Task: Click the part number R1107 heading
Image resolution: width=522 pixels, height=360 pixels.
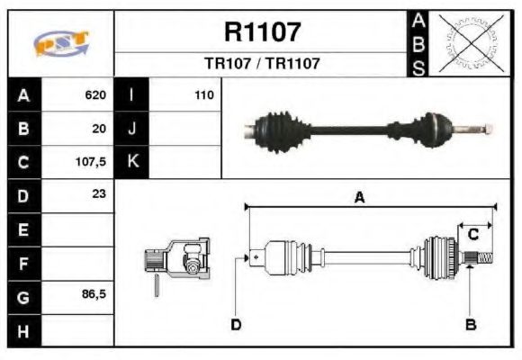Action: click(261, 33)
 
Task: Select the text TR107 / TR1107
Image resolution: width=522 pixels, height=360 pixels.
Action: click(261, 65)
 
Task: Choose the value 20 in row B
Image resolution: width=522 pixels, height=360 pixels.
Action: click(99, 129)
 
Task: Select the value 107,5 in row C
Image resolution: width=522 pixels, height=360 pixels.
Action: click(93, 163)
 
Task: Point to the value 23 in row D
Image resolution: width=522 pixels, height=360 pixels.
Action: click(99, 194)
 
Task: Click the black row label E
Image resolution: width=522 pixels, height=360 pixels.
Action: click(22, 229)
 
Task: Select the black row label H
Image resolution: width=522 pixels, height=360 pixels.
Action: click(22, 330)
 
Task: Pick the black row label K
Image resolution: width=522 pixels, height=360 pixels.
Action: click(132, 163)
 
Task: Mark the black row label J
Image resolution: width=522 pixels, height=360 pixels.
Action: click(132, 129)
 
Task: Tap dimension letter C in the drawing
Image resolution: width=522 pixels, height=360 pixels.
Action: click(472, 233)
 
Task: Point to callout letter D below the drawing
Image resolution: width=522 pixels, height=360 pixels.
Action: click(236, 324)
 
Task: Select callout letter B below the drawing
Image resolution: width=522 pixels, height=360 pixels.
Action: click(470, 324)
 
